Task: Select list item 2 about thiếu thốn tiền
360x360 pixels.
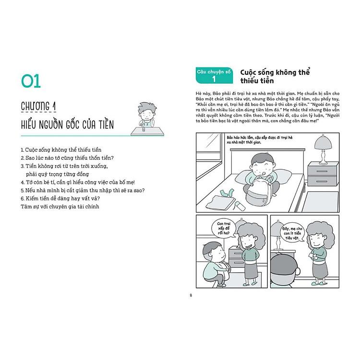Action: pyautogui.click(x=70, y=158)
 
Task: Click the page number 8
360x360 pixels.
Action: pyautogui.click(x=191, y=295)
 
